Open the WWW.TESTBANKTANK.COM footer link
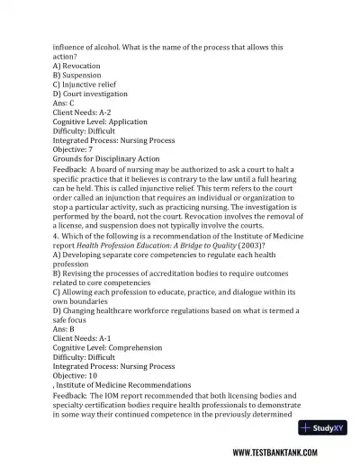point(287,453)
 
